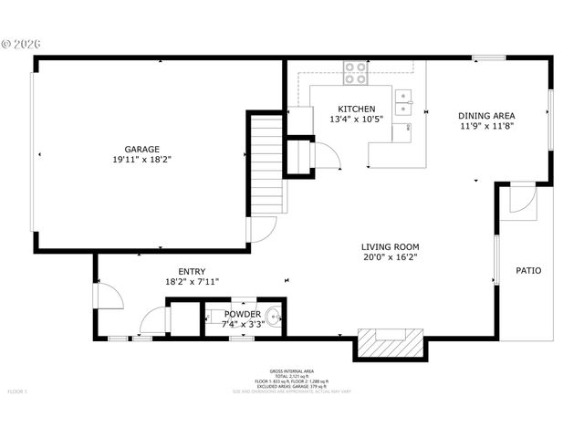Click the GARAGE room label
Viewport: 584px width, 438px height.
pyautogui.click(x=142, y=149)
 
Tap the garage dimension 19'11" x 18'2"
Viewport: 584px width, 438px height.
pyautogui.click(x=142, y=160)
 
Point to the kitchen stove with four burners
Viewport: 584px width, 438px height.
pyautogui.click(x=355, y=73)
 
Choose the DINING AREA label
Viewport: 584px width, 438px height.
pyautogui.click(x=486, y=116)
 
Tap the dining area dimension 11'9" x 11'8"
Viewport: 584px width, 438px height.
pyautogui.click(x=486, y=127)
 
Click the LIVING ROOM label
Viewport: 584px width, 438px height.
pyautogui.click(x=390, y=246)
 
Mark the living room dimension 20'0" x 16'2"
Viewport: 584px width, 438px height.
pyautogui.click(x=390, y=257)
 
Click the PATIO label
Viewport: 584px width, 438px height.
pyautogui.click(x=528, y=271)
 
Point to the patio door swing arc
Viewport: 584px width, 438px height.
pyautogui.click(x=524, y=201)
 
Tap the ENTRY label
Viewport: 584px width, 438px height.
pyautogui.click(x=192, y=271)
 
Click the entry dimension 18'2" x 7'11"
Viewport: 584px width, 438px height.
pyautogui.click(x=192, y=282)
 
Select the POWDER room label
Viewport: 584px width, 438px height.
pyautogui.click(x=243, y=314)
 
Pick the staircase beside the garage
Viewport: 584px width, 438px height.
pyautogui.click(x=267, y=164)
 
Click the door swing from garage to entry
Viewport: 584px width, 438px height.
pyautogui.click(x=260, y=229)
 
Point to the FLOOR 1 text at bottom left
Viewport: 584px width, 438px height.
pyautogui.click(x=18, y=391)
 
